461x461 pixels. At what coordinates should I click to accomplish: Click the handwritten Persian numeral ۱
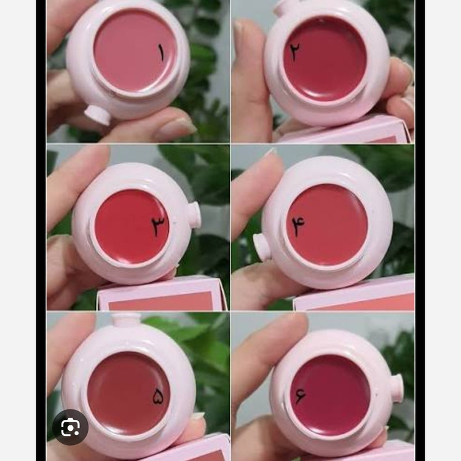coord(161,53)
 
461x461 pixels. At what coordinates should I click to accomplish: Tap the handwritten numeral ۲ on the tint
coord(294,51)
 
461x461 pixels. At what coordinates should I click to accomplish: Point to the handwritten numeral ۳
coord(160,226)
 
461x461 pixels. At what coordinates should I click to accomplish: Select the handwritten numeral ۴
coord(298,226)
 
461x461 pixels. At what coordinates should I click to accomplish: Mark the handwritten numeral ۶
coord(300,395)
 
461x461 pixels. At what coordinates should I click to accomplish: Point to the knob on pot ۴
coord(262,246)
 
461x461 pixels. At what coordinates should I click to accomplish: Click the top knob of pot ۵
coord(127,319)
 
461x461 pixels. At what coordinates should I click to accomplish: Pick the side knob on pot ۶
coord(397,388)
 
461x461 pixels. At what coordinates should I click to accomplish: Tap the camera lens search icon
coord(70,427)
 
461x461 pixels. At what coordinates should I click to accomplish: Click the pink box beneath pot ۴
coord(354,294)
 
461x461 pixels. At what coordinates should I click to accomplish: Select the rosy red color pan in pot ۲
coord(325,58)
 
